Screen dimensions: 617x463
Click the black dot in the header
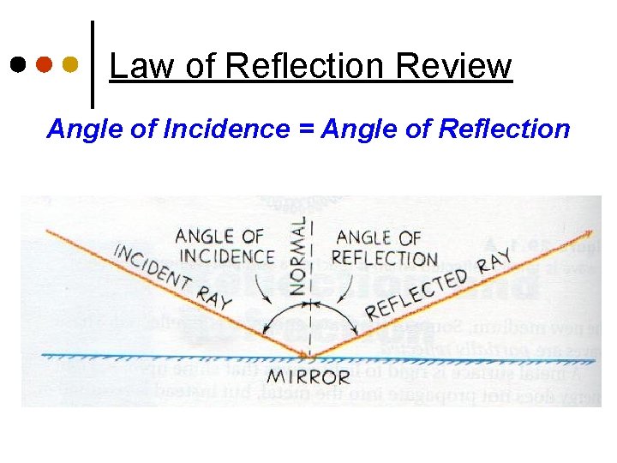[18, 65]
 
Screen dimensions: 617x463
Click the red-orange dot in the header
[45, 65]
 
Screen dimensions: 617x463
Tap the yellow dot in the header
[71, 65]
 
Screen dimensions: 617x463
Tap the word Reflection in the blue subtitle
[504, 129]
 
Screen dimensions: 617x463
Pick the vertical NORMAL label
[297, 256]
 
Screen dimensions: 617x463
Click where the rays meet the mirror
[311, 354]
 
